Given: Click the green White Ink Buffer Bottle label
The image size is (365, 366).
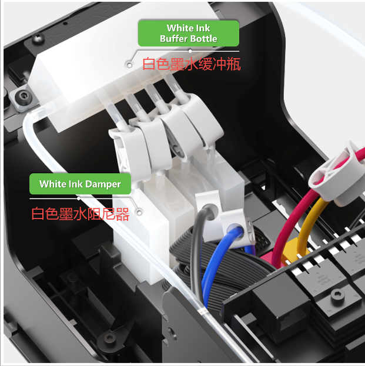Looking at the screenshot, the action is pos(189,33).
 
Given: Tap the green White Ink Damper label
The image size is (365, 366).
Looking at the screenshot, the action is pos(80,184).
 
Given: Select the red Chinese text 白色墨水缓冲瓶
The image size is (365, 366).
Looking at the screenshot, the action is pos(191,64).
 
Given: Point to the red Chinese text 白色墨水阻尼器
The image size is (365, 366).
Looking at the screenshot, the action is pos(81,214).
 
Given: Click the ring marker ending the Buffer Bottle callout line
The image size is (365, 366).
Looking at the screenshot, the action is pos(129,65).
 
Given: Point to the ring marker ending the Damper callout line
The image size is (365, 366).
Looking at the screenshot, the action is pos(139,213).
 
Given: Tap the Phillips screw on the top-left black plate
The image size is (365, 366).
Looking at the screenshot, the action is pos(38,39).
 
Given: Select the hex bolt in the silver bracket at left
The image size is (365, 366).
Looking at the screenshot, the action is pos(24,96).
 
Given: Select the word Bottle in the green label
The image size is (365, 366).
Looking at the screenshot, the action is pos(204,39).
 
